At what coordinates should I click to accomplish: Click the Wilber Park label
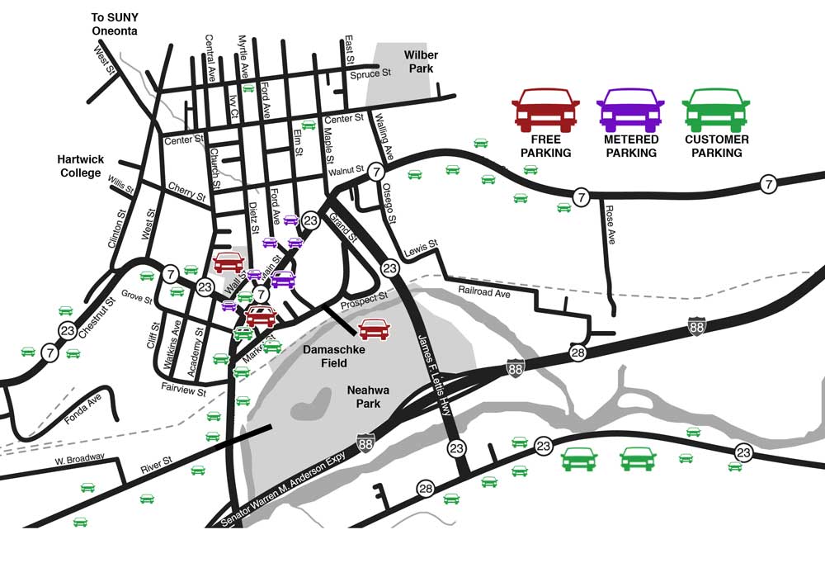[x=420, y=61]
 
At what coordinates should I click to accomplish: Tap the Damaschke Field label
[x=328, y=356]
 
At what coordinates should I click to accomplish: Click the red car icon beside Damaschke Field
[x=374, y=329]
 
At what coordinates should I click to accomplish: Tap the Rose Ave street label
[x=610, y=225]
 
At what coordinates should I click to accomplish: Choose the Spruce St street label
[x=370, y=74]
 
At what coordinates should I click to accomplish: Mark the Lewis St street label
[x=420, y=248]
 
